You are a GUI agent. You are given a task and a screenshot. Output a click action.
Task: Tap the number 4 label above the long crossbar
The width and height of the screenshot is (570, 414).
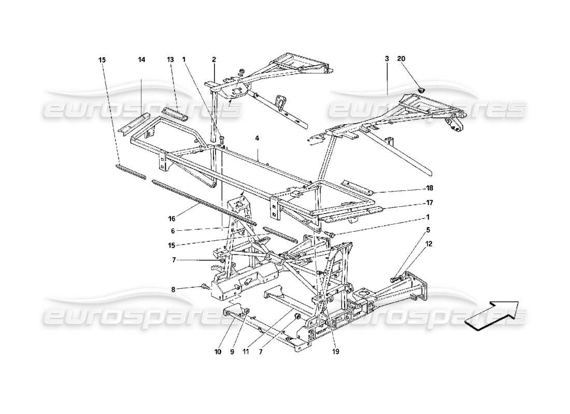coord(256,139)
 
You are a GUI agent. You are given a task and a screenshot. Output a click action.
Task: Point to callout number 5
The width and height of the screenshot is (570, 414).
coord(428,229)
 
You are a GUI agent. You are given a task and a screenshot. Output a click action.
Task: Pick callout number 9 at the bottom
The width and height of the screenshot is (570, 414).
coord(232,352)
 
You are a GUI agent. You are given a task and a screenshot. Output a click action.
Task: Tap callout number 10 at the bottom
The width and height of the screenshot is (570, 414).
coord(218,352)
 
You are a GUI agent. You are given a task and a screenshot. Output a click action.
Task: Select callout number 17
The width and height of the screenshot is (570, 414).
coord(430,203)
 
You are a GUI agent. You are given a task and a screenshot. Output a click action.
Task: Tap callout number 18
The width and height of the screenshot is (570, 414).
coord(430,188)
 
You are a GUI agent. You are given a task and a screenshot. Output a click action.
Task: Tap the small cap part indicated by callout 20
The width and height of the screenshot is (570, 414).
coord(420,91)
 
